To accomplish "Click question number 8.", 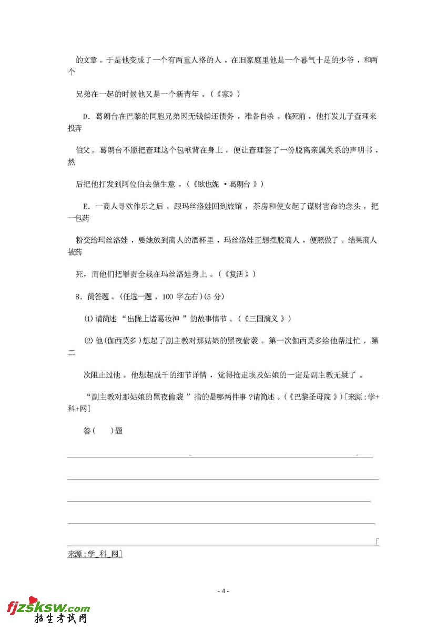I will (x=79, y=297).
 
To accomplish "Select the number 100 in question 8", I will (x=168, y=297).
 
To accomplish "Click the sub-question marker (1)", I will (x=89, y=319).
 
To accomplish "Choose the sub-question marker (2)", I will (x=89, y=341).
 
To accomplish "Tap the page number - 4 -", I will (x=223, y=591).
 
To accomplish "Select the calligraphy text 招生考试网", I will (x=61, y=620).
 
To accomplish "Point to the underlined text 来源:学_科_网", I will (x=95, y=554).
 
